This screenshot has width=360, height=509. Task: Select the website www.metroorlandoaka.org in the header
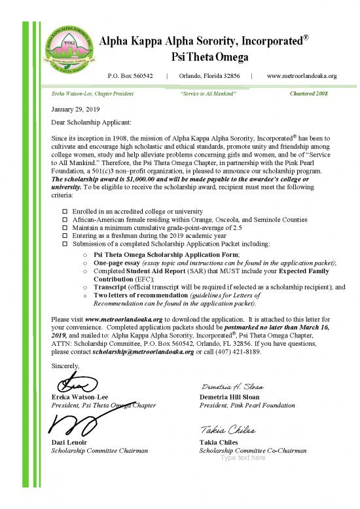coord(302,76)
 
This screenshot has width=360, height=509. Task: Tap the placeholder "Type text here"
coord(243,458)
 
